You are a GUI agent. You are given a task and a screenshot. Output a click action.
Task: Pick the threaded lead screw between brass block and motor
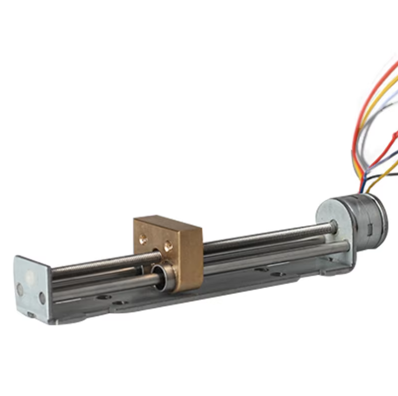click(x=260, y=237)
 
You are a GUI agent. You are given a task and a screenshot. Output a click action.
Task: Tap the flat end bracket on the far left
click(x=30, y=288)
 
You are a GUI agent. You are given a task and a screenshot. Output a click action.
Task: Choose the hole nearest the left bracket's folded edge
click(x=42, y=297)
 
